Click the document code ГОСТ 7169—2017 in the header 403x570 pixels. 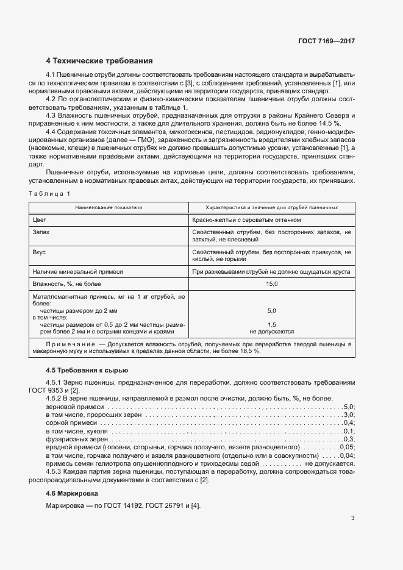[326, 41]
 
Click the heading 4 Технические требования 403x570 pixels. [99, 61]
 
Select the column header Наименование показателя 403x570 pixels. [109, 207]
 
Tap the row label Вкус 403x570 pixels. [39, 251]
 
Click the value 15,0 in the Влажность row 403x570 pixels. [271, 284]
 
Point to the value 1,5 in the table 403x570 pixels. [271, 324]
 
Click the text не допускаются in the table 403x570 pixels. [271, 332]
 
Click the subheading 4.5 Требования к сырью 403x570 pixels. [87, 371]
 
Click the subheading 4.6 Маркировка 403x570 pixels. [72, 493]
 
